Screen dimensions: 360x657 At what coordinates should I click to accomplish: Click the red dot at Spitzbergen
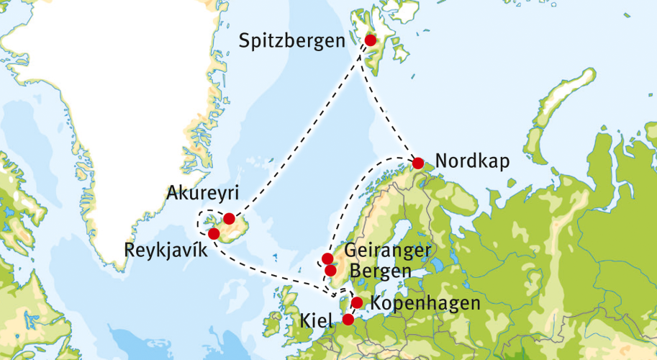[x=371, y=40]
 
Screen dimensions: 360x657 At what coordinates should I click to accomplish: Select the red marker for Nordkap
[x=417, y=163]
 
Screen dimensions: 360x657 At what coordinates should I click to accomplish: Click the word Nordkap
[x=472, y=161]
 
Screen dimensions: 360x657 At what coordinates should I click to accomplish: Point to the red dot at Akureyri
[x=229, y=218]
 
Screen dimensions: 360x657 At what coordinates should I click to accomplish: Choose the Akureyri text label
[x=201, y=193]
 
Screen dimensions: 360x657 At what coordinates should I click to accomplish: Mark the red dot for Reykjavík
[x=213, y=233]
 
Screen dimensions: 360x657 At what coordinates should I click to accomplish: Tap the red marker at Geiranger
[x=327, y=258]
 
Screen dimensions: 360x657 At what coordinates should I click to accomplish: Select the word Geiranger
[x=388, y=252]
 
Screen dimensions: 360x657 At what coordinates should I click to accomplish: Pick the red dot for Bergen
[x=331, y=271]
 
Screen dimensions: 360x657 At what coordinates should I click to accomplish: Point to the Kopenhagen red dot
[x=356, y=302]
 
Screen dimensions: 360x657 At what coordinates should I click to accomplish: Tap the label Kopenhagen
[x=425, y=303]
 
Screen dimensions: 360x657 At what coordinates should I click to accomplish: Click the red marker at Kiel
[x=348, y=319]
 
